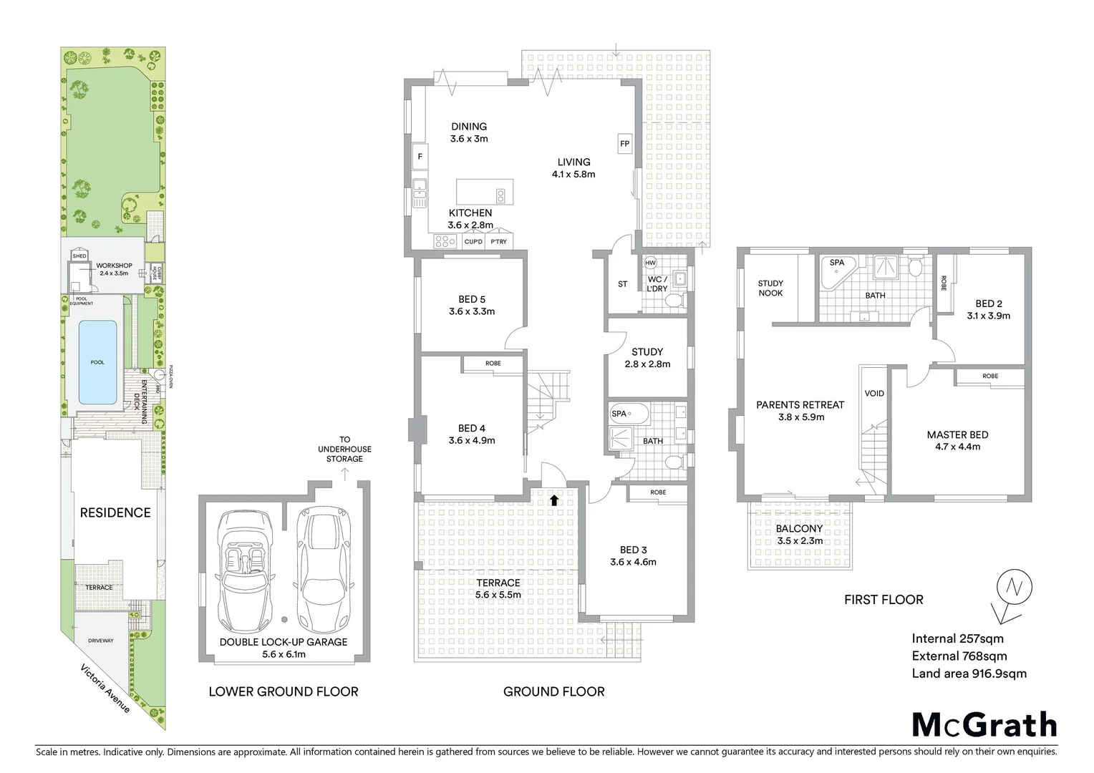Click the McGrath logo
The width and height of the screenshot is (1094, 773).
click(x=984, y=724)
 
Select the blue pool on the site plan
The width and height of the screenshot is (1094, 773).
click(x=97, y=361)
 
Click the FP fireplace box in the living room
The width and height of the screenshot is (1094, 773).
click(x=624, y=144)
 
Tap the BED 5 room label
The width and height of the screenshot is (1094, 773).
click(x=472, y=299)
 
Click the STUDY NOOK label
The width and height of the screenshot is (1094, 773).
click(x=770, y=288)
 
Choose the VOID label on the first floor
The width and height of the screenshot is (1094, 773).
click(x=874, y=393)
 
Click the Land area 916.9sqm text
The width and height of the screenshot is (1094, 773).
click(x=969, y=674)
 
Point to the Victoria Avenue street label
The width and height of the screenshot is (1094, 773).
click(x=105, y=689)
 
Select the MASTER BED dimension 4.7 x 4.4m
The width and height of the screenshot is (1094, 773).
click(x=957, y=447)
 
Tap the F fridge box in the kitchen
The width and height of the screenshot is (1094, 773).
click(x=420, y=156)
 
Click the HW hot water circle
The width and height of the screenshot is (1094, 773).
click(x=651, y=263)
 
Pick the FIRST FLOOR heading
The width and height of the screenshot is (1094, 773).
click(x=884, y=600)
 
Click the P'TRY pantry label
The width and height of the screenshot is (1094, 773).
click(x=498, y=242)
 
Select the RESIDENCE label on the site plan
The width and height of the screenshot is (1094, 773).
click(x=115, y=512)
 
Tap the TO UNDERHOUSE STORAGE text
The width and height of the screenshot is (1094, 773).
click(x=344, y=449)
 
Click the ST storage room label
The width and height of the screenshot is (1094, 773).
click(x=622, y=284)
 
